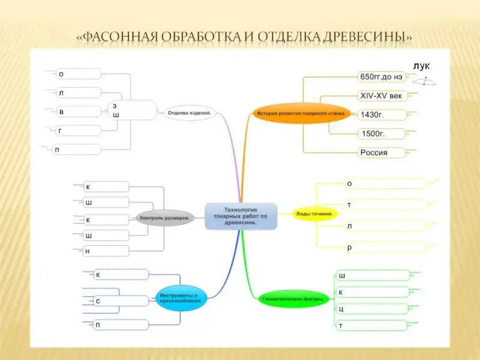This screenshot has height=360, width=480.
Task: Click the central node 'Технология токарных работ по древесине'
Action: [241, 215]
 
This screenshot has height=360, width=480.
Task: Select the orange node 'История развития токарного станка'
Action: [295, 113]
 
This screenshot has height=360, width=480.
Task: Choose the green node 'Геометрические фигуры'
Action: [293, 298]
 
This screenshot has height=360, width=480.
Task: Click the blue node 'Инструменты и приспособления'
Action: [181, 298]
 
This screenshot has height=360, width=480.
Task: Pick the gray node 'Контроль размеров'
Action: [165, 217]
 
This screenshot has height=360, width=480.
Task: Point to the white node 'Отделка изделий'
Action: [190, 112]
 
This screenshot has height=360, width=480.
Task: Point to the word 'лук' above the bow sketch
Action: [421, 66]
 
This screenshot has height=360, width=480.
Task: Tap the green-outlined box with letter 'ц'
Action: [373, 309]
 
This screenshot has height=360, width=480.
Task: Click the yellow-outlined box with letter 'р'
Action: [385, 247]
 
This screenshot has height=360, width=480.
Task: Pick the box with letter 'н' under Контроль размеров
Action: [106, 251]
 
